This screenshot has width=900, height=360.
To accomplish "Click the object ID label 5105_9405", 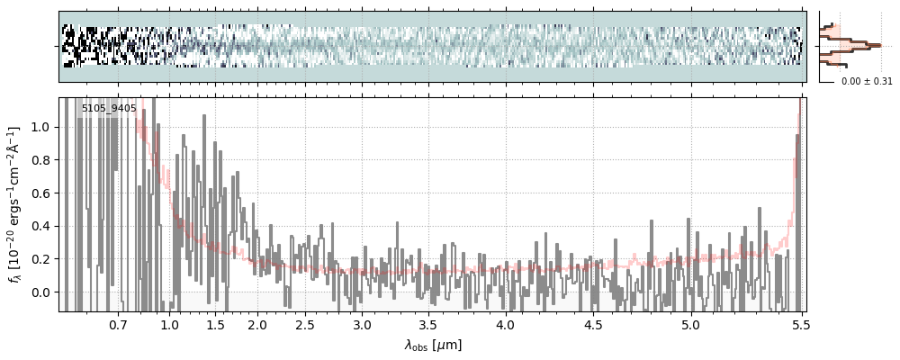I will point(109,109).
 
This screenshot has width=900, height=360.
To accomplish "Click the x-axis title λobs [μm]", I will point(433,345).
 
